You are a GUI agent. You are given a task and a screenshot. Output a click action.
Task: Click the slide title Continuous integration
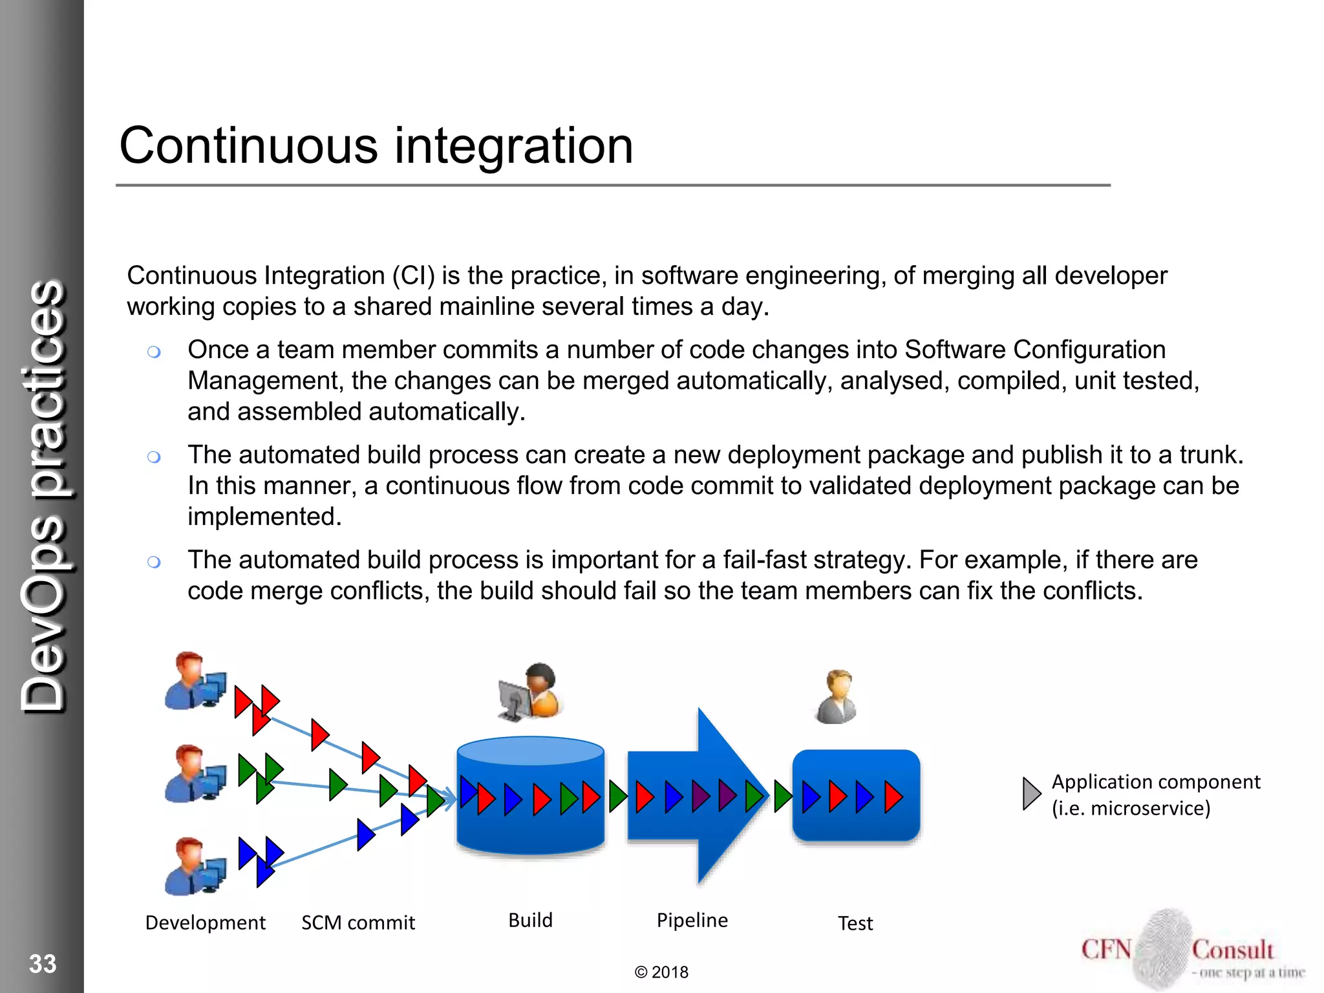[x=376, y=146]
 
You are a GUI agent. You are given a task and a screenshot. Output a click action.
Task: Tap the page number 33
[x=43, y=964]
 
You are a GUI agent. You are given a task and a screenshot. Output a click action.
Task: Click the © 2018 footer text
[x=661, y=972]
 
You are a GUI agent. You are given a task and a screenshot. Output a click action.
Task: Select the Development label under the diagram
[x=205, y=923]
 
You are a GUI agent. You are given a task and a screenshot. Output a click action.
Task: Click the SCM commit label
[x=358, y=923]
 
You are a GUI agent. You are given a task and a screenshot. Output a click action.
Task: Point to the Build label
[x=530, y=920]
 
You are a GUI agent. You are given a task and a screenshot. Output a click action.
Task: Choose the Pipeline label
[x=692, y=920]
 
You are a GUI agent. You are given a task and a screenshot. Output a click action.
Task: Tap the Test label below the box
[x=855, y=923]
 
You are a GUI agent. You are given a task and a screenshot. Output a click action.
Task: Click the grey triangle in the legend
[x=1030, y=793]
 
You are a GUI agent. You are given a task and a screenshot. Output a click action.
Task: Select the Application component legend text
[x=1155, y=795]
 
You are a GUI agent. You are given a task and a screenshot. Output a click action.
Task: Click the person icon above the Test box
[x=837, y=697]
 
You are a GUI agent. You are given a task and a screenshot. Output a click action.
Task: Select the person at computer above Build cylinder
[x=530, y=692]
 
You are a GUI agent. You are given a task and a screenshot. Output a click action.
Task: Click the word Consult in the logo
[x=1232, y=950]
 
